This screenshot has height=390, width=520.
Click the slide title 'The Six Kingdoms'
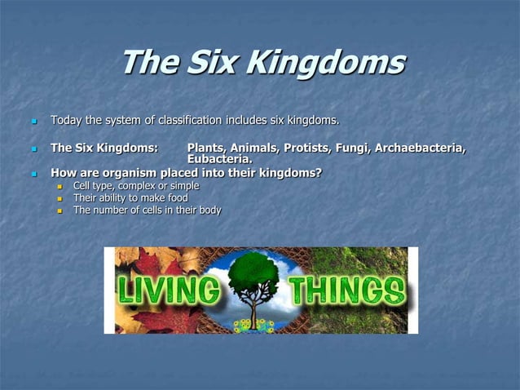262,63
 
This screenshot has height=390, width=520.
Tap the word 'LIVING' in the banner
170,291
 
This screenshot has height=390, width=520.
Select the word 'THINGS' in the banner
346,291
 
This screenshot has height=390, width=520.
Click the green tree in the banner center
254,273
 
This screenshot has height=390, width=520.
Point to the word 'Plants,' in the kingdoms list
207,148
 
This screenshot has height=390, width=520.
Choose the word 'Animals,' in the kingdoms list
254,148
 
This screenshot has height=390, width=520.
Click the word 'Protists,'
308,148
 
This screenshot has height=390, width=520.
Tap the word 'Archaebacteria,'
421,148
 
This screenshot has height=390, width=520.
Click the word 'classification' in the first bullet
189,121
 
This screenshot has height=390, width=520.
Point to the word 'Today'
65,121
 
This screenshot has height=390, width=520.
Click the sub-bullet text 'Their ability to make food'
130,197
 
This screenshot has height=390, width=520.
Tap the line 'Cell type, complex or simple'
135,185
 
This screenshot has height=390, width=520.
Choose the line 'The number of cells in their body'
147,210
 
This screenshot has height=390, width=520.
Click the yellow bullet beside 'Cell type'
59,186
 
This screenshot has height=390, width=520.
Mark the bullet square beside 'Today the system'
34,122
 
